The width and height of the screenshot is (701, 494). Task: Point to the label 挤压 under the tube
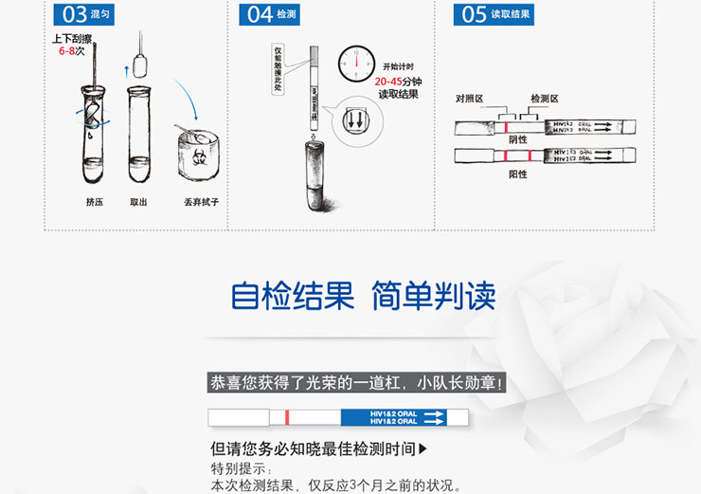(x=95, y=201)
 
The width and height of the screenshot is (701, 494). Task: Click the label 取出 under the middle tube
(x=139, y=201)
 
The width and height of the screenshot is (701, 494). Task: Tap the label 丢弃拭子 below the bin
(x=202, y=201)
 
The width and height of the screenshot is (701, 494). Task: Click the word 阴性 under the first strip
(x=518, y=139)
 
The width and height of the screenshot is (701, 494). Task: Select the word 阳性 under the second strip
(x=518, y=174)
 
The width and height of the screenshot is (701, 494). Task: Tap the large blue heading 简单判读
(x=433, y=296)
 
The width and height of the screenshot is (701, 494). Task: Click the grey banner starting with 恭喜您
(x=357, y=383)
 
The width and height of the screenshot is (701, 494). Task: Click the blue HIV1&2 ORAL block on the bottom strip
(x=392, y=417)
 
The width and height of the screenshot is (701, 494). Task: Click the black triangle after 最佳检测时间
(x=422, y=448)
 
